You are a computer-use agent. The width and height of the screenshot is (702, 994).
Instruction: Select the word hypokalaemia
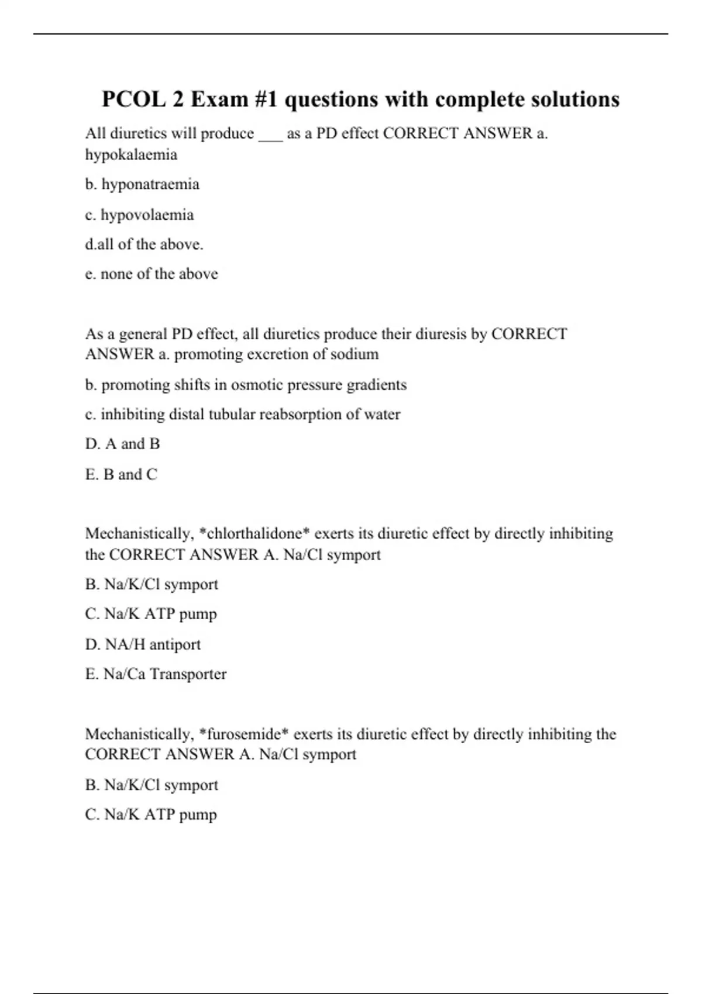(x=131, y=155)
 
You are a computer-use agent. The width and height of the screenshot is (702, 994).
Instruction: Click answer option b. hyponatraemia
(x=142, y=184)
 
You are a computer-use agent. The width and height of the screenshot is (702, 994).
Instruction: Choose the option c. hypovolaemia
(x=139, y=215)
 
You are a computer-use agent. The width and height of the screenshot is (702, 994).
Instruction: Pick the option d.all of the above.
(x=144, y=244)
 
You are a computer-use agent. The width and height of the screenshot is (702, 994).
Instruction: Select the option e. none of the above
(x=152, y=274)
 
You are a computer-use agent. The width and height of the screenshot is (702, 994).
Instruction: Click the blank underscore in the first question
(x=270, y=136)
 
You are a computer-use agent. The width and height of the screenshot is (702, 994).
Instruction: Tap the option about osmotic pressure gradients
(x=246, y=385)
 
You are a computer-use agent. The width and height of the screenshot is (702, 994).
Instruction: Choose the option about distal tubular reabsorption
(x=243, y=415)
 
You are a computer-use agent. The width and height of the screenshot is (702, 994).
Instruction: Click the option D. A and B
(x=122, y=444)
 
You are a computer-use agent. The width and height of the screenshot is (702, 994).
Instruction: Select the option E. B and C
(x=121, y=474)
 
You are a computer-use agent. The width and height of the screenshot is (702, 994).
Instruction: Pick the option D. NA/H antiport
(x=143, y=644)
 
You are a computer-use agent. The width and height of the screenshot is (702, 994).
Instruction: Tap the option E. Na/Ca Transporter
(x=156, y=674)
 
